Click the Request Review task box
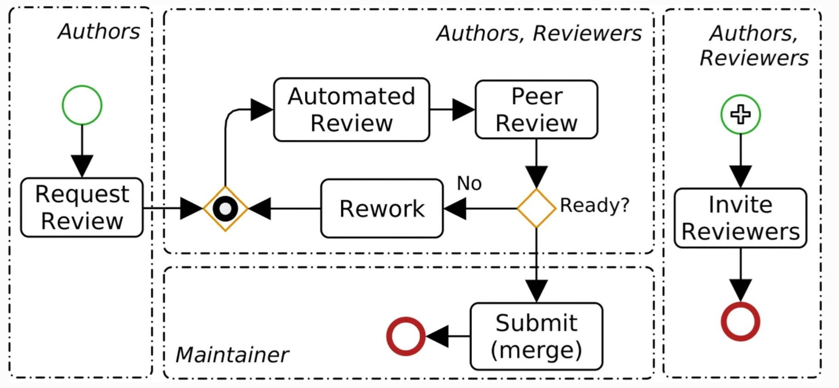click(x=82, y=208)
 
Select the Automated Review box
click(x=351, y=110)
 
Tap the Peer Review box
click(x=536, y=110)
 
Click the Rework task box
click(x=382, y=208)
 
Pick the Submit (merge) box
click(x=536, y=336)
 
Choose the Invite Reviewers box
click(x=740, y=218)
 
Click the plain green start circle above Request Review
click(x=82, y=105)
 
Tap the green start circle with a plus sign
click(x=740, y=115)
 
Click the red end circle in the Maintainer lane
click(x=406, y=336)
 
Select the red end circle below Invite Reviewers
click(x=740, y=322)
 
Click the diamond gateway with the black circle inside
click(x=225, y=208)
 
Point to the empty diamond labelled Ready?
click(x=536, y=208)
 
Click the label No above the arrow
click(x=469, y=184)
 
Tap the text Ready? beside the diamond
click(x=594, y=205)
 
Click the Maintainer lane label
click(x=232, y=355)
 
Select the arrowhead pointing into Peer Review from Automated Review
click(x=463, y=110)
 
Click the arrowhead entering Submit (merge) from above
click(x=536, y=290)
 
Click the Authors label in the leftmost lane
click(x=99, y=32)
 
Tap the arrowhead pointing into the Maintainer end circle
click(x=437, y=336)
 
